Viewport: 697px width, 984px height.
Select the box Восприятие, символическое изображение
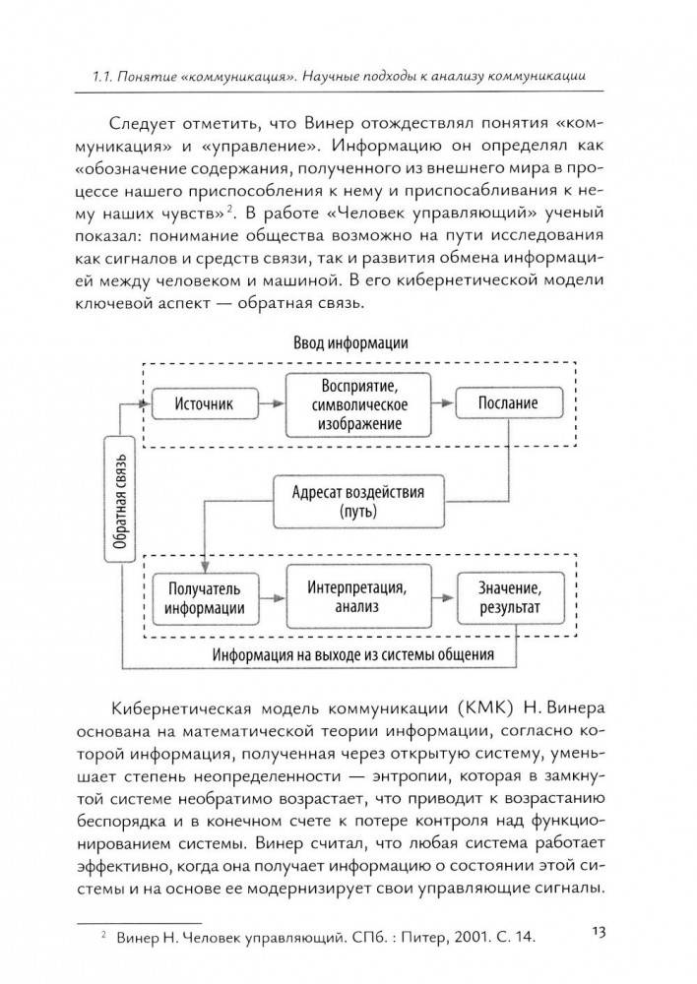[360, 403]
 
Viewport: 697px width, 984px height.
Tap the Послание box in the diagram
[508, 403]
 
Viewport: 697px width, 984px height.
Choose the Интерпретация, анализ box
[360, 596]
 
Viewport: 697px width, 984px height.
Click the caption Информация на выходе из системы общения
[353, 653]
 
